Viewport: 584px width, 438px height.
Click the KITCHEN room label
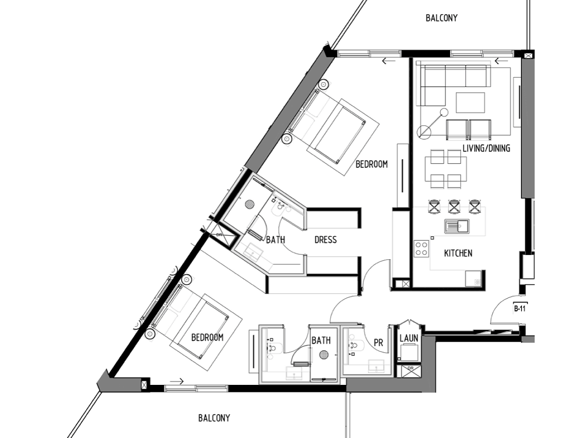point(458,253)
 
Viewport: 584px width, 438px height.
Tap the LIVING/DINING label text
point(486,148)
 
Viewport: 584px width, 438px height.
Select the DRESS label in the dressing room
point(325,240)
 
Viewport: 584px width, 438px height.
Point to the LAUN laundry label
point(409,338)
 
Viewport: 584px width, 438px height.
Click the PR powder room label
point(378,343)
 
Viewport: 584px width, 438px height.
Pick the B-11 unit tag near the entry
point(520,309)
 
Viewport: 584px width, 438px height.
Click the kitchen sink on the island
point(457,226)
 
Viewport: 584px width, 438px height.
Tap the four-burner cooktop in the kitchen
point(421,249)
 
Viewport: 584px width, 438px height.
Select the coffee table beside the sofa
point(471,103)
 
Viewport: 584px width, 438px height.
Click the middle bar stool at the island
point(454,206)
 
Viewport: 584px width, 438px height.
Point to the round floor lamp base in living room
point(424,132)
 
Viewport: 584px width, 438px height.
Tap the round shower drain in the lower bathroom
point(324,355)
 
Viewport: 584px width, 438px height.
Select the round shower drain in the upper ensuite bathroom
point(249,204)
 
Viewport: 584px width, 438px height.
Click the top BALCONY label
point(442,18)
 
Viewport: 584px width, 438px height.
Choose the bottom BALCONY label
point(214,418)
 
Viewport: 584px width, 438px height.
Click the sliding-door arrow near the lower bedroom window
point(177,381)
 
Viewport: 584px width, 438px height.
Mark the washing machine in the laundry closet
point(409,352)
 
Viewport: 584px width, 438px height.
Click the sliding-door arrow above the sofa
point(501,61)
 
